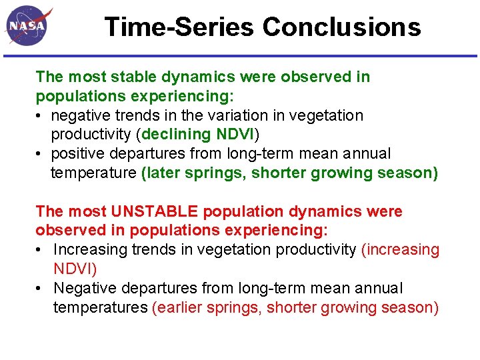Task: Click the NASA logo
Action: pyautogui.click(x=29, y=26)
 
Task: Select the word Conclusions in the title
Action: pyautogui.click(x=341, y=27)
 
